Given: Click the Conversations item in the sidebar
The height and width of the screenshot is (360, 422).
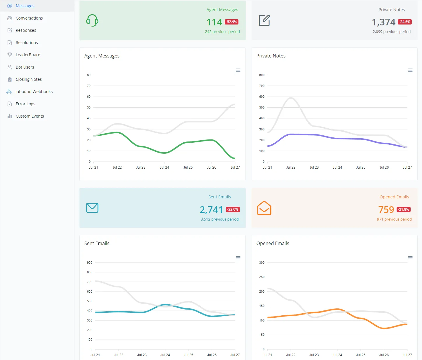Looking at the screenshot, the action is (29, 18).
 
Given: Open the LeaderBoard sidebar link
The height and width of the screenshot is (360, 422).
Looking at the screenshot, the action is (28, 55).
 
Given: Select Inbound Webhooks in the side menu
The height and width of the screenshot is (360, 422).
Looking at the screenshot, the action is (34, 91).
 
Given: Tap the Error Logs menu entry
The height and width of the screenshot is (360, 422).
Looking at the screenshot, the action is (25, 104).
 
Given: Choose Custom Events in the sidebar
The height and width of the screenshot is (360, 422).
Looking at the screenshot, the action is (29, 116).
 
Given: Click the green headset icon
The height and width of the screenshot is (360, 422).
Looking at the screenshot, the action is (92, 20).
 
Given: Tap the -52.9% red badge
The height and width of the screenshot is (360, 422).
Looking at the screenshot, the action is (231, 22).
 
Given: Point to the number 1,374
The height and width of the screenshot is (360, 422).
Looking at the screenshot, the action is (383, 22).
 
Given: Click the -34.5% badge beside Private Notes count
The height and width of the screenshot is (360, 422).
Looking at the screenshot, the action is (405, 22).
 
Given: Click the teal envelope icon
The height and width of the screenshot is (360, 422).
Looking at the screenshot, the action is (92, 208).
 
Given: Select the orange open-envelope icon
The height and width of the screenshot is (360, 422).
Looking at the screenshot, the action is (264, 208).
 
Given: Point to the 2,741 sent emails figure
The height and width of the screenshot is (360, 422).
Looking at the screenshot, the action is (211, 209).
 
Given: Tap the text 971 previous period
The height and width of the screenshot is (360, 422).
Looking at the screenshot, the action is (394, 219).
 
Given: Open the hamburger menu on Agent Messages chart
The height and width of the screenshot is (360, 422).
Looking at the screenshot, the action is (238, 70).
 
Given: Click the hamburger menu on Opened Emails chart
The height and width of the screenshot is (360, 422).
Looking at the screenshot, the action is (410, 258).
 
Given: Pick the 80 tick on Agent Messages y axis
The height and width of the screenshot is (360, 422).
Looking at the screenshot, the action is (89, 75).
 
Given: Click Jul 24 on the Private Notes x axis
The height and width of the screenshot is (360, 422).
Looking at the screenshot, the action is (337, 167).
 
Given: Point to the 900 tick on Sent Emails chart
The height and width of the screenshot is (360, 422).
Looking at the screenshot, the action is (90, 263).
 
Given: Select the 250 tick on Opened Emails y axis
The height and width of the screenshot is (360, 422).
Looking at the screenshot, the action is (262, 277).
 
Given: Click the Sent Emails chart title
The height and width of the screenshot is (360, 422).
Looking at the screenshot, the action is (97, 243).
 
